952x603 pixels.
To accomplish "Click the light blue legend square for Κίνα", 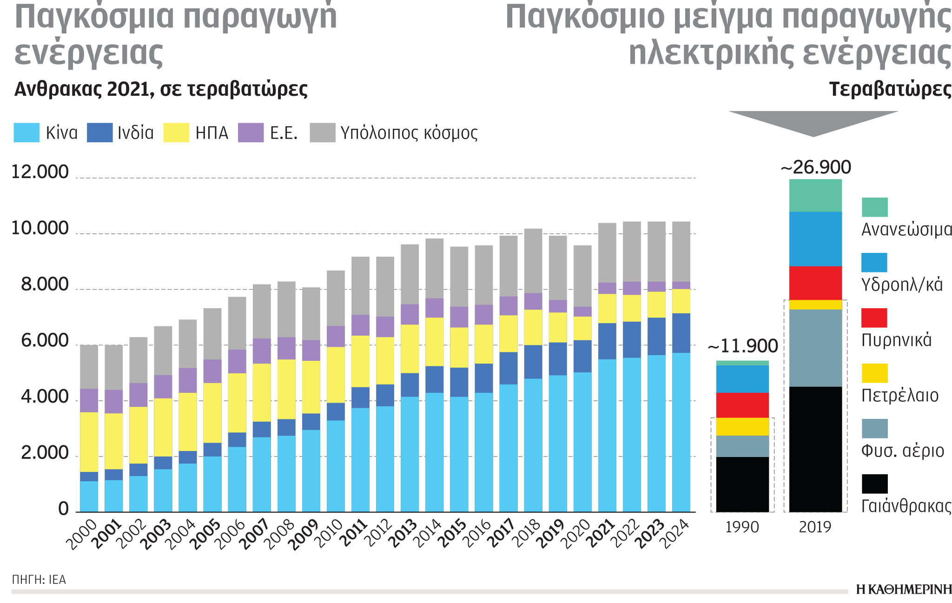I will (26, 133).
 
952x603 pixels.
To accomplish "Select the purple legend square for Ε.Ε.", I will (251, 133).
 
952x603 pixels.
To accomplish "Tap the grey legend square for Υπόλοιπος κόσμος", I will (322, 133).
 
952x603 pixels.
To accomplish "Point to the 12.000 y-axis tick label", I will (40, 172).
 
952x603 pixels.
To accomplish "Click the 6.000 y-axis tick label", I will (45, 341).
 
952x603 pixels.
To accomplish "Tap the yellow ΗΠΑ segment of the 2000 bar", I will (89, 442).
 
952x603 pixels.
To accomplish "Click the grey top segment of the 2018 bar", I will (533, 260).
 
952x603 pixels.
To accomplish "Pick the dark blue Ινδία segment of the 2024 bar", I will (681, 333).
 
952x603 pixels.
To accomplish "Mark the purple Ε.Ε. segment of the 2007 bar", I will (262, 351).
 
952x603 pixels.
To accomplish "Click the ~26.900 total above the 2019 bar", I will (816, 167).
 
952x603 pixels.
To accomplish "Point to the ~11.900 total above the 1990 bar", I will (742, 346).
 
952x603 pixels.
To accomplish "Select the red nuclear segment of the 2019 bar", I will (815, 283).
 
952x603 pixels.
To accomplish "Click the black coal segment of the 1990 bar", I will (742, 484).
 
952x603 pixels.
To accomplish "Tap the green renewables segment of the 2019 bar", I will (815, 195).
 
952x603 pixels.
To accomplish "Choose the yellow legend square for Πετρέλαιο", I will (874, 373).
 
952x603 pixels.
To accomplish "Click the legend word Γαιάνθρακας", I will (906, 506).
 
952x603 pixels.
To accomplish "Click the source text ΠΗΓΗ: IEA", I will (39, 580).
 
